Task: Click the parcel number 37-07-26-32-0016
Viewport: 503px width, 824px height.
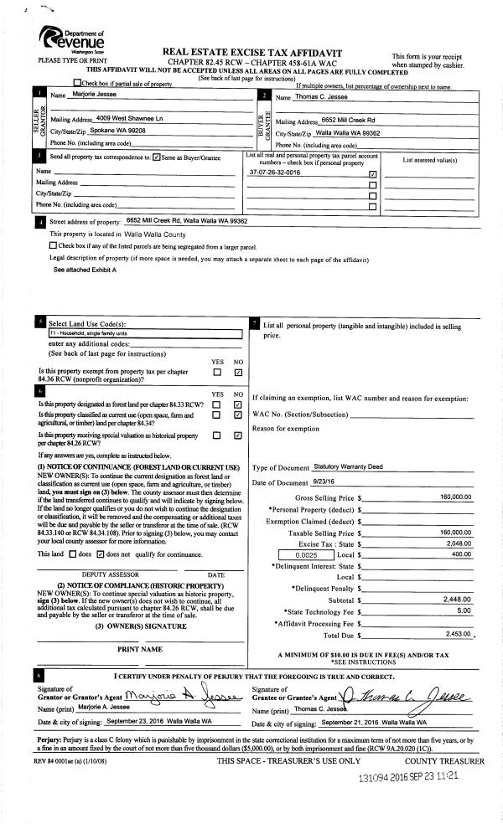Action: [275, 173]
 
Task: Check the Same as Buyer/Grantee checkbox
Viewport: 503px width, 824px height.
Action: [157, 157]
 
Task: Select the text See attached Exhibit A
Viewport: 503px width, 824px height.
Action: [85, 270]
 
